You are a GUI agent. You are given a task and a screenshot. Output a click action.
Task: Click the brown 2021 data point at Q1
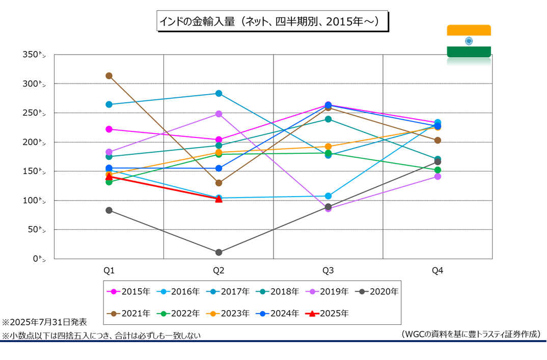click(x=109, y=76)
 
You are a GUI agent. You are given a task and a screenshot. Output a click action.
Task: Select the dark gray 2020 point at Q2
click(x=218, y=253)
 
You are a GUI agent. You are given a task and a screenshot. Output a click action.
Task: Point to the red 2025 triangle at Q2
click(x=218, y=199)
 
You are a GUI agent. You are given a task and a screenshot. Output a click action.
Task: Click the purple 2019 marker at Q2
click(x=218, y=114)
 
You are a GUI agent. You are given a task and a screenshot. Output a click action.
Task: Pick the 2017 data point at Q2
click(x=218, y=93)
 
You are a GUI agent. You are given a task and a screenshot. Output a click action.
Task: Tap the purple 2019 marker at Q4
click(x=437, y=177)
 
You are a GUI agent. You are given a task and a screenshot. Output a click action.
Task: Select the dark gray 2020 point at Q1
click(x=109, y=210)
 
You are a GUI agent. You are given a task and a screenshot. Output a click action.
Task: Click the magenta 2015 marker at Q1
click(x=109, y=129)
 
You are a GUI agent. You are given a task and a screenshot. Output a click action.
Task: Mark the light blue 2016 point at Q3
click(x=328, y=196)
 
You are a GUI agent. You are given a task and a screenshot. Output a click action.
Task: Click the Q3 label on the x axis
click(x=328, y=270)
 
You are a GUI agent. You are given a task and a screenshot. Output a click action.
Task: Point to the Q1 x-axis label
click(x=109, y=270)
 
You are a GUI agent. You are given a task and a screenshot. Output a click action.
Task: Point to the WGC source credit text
click(x=470, y=334)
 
